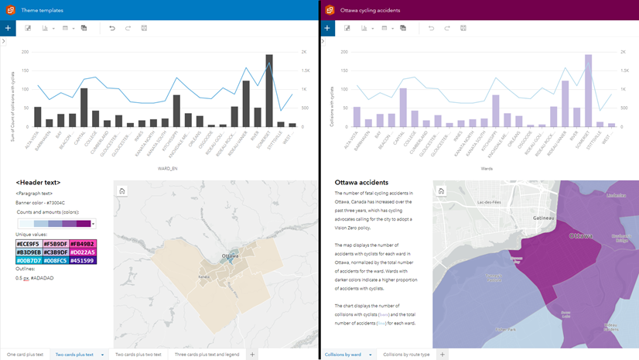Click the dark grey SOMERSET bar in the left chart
coord(269,91)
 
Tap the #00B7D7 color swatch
coord(29,261)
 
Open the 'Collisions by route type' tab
coord(405,354)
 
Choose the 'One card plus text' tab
coord(26,354)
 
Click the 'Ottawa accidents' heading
coord(357,183)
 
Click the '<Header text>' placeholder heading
coord(38,183)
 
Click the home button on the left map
coord(122,190)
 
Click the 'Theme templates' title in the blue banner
coord(43,10)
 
